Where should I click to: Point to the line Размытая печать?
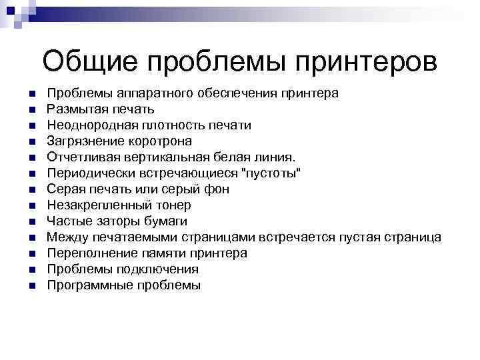[x=101, y=109]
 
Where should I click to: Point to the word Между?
[x=65, y=237]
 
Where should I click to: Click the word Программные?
[x=87, y=285]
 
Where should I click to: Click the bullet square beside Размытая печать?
[x=31, y=109]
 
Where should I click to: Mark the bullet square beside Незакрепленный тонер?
[x=31, y=206]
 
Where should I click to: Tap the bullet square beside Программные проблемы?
[x=31, y=286]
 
